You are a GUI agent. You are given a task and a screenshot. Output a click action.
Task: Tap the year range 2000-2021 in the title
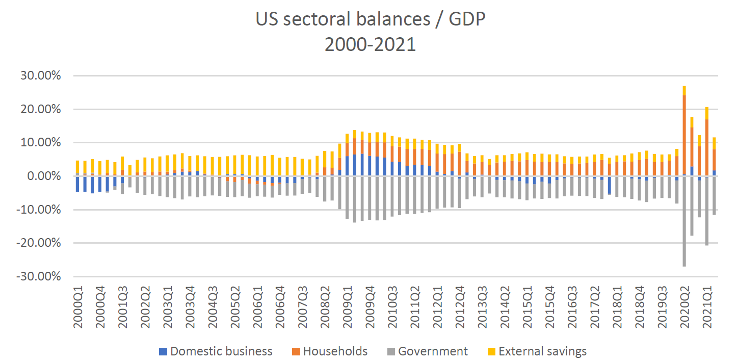(370, 44)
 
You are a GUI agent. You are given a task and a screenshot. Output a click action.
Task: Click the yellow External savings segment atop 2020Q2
(684, 91)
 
